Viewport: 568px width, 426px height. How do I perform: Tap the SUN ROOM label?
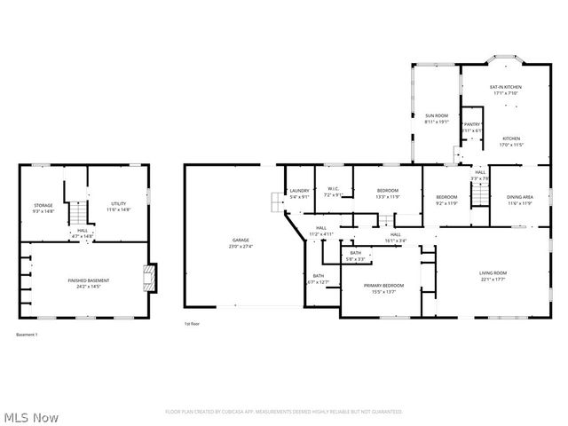pyautogui.click(x=436, y=115)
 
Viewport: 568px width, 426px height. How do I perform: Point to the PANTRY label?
pyautogui.click(x=471, y=124)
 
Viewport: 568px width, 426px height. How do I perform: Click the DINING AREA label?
pyautogui.click(x=519, y=196)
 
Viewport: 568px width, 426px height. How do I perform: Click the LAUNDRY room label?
pyautogui.click(x=299, y=191)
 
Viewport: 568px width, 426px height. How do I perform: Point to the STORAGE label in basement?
pyautogui.click(x=43, y=205)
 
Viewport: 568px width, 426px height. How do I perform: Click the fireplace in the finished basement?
pyautogui.click(x=151, y=277)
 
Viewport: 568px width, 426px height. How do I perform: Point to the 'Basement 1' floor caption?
pyautogui.click(x=27, y=335)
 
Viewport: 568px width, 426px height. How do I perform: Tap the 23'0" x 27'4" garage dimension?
pyautogui.click(x=241, y=246)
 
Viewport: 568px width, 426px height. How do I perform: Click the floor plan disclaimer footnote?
pyautogui.click(x=284, y=412)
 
